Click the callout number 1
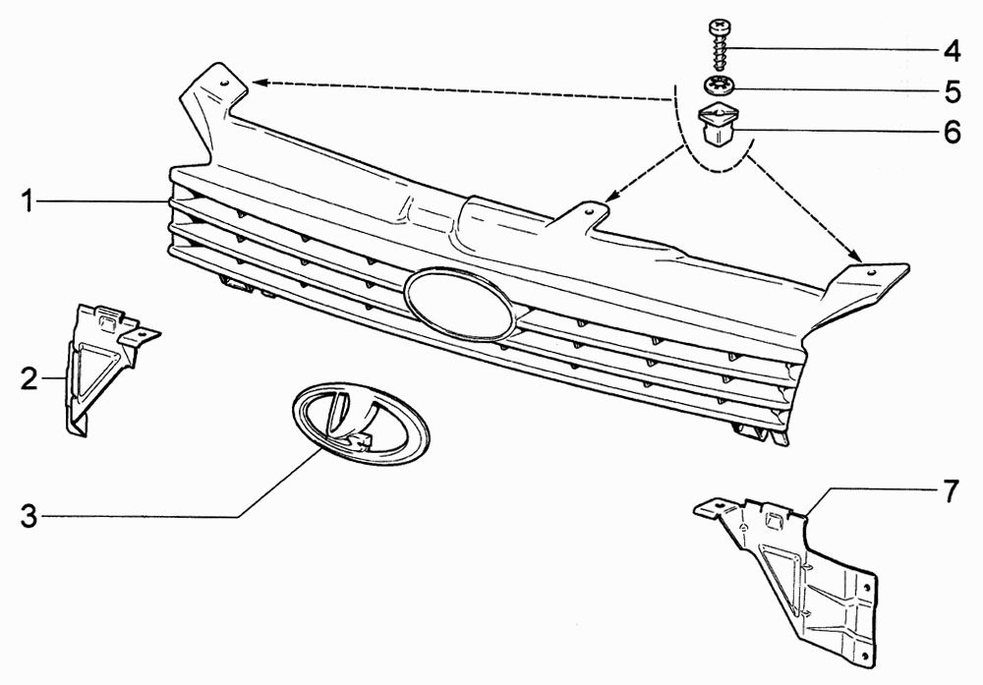coord(27,201)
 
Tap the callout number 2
coord(29,378)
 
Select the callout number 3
coord(29,516)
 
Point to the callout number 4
coord(953,50)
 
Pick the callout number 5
coord(953,91)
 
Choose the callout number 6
coord(953,132)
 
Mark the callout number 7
coord(951,491)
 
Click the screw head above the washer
coord(719,28)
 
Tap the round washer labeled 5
coord(719,84)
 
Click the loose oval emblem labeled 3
coord(361,423)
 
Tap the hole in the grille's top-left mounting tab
coord(224,83)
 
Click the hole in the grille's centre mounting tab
coord(588,211)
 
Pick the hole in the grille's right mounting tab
coord(871,273)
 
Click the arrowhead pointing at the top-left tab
coord(260,83)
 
